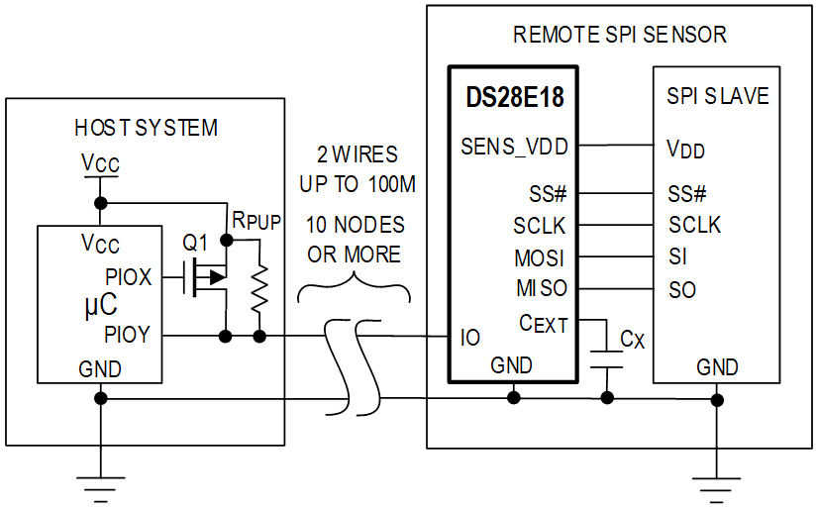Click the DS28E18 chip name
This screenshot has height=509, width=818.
click(x=515, y=97)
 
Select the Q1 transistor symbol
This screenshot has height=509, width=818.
click(x=206, y=277)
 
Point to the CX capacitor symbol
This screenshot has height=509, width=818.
click(x=607, y=359)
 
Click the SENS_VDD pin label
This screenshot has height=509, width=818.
click(x=514, y=148)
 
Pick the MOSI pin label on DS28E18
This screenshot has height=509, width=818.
click(x=540, y=258)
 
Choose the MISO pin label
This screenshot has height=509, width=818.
click(x=542, y=288)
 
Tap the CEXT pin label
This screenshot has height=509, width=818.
click(x=543, y=324)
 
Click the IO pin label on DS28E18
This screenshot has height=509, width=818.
click(x=470, y=338)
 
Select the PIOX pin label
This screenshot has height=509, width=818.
click(x=129, y=277)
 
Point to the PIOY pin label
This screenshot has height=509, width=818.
click(x=128, y=335)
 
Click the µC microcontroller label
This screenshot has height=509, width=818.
click(x=101, y=306)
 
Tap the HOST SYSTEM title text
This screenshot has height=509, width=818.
click(x=147, y=129)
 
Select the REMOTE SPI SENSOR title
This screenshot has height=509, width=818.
click(x=620, y=35)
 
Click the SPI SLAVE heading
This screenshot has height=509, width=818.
click(x=718, y=96)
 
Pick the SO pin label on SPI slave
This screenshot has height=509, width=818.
click(x=682, y=290)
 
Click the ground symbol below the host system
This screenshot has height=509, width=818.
click(x=101, y=489)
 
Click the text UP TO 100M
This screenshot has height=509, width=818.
click(x=358, y=184)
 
